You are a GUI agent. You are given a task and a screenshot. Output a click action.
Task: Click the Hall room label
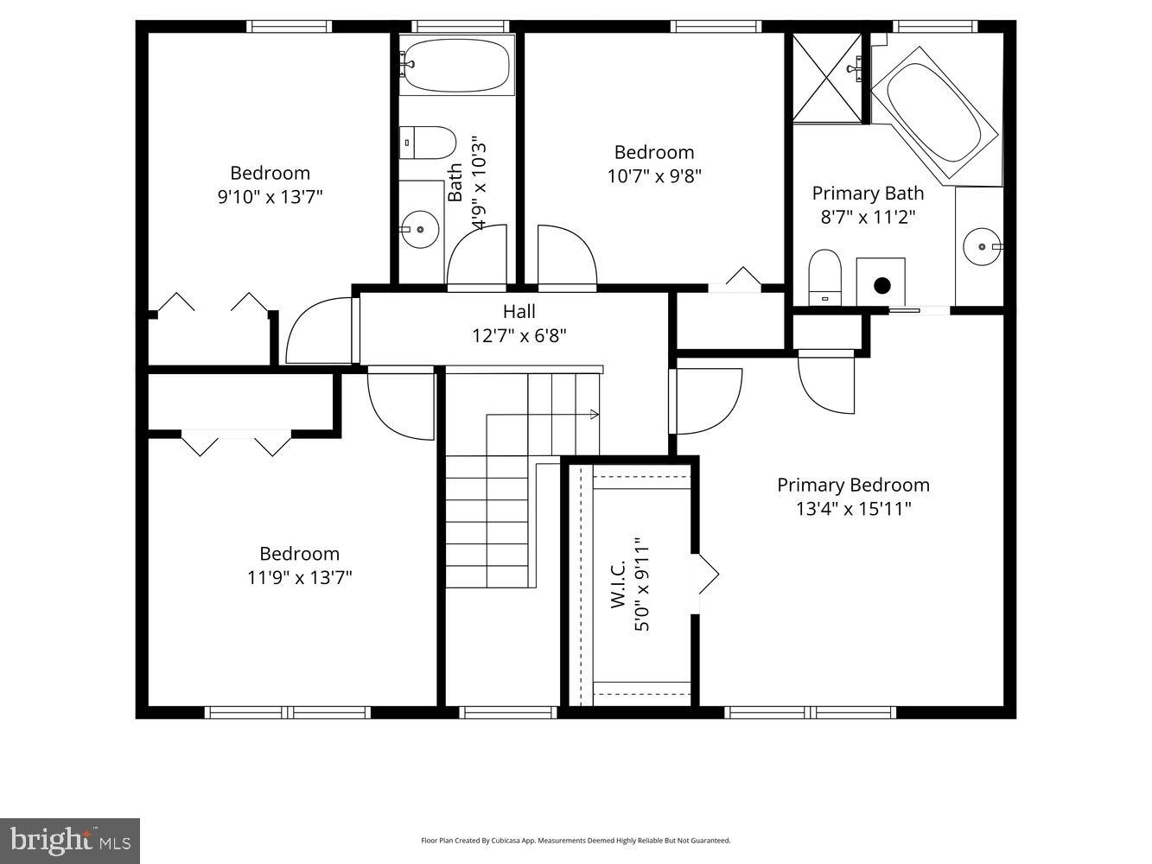coord(519,312)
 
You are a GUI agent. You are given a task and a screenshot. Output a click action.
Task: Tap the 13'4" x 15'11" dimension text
coord(853,509)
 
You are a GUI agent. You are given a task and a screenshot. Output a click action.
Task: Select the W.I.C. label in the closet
coord(619,588)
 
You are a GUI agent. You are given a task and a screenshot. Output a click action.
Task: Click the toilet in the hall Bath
coord(429,143)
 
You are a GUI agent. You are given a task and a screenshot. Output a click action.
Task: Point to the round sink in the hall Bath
coord(421,230)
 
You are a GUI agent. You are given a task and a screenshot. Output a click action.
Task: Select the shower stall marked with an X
coord(828,77)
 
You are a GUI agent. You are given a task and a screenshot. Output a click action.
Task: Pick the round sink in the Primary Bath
coord(982,246)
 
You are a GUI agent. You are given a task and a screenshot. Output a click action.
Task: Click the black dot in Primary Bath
coord(882,285)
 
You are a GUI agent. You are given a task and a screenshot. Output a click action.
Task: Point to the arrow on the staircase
coord(594,415)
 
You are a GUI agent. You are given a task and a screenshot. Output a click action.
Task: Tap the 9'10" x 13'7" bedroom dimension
coord(270,197)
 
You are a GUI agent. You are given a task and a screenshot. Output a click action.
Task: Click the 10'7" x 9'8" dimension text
coord(654,176)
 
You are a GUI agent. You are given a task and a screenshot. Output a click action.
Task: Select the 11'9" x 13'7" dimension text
coord(300,577)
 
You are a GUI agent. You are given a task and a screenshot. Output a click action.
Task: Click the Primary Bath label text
coord(868,193)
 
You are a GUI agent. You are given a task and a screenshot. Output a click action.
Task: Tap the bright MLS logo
coord(70,841)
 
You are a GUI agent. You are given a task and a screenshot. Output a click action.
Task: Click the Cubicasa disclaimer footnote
coord(576,840)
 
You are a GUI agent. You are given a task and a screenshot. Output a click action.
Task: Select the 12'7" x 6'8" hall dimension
coord(519,335)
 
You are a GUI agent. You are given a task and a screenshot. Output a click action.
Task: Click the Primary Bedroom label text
coord(853,485)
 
